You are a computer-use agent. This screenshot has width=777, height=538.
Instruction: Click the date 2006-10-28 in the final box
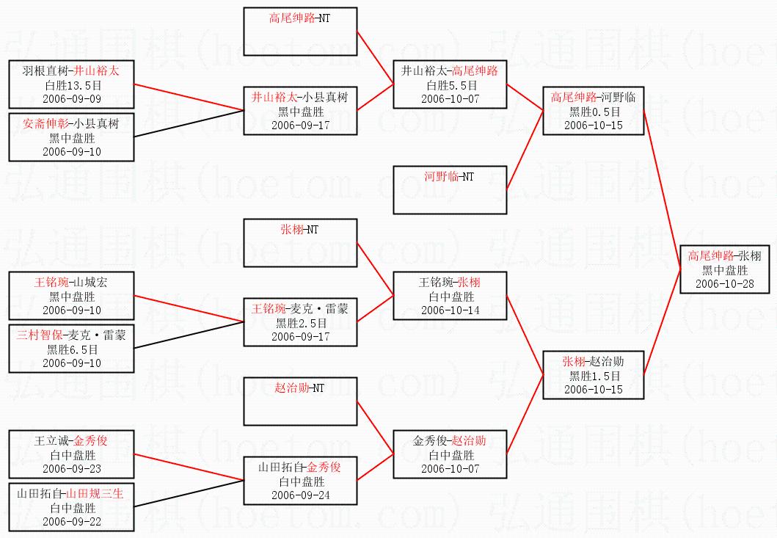[724, 283]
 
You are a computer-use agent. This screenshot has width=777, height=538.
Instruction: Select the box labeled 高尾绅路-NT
[300, 32]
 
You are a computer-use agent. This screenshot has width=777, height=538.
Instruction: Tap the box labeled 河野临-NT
[450, 190]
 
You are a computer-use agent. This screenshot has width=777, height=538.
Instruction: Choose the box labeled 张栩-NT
[300, 243]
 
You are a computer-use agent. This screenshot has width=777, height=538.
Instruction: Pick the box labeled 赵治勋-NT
[300, 401]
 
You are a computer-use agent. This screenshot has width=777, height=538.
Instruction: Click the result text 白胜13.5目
[73, 85]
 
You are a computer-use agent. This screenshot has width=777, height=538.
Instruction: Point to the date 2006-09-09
[72, 98]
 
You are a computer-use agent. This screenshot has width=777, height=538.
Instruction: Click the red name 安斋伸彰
[46, 123]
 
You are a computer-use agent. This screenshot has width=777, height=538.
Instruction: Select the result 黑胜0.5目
[594, 112]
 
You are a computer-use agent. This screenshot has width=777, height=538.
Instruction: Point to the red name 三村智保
[40, 335]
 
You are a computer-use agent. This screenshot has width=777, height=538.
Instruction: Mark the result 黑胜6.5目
[73, 349]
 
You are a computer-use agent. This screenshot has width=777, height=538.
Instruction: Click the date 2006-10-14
[450, 310]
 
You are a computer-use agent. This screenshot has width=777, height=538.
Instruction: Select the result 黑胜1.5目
[594, 376]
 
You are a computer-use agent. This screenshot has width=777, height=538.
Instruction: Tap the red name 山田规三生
[95, 493]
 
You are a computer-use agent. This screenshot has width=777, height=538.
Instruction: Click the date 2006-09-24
[301, 495]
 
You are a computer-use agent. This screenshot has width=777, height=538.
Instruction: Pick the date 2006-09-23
[72, 468]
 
